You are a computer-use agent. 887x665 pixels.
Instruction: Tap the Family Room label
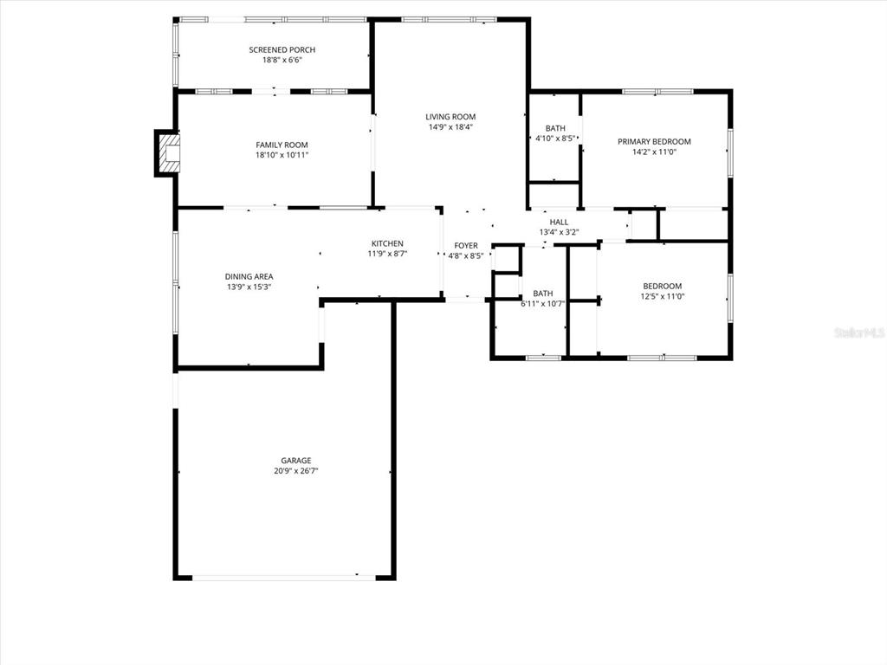(282, 145)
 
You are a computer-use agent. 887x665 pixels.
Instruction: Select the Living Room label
(450, 117)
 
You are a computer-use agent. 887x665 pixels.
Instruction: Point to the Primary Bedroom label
(654, 141)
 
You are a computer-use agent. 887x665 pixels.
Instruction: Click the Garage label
(295, 461)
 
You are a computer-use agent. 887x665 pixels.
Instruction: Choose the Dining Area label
(249, 277)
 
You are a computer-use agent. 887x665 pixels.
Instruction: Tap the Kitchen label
(387, 243)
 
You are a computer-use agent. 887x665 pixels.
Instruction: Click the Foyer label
(466, 246)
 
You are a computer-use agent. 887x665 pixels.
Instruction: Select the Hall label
(559, 223)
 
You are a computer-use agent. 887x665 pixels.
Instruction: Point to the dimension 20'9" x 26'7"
(295, 472)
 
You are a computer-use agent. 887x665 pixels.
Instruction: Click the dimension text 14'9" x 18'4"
(450, 127)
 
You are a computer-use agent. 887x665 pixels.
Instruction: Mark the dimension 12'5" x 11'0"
(662, 297)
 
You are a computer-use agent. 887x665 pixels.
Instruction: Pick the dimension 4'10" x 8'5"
(555, 138)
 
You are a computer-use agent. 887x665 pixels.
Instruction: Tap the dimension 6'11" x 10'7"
(543, 304)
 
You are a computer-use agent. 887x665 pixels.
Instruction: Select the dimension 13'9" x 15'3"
(249, 287)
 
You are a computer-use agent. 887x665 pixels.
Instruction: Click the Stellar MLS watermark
(858, 332)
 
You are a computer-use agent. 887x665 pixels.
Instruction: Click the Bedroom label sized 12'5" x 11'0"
(662, 287)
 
